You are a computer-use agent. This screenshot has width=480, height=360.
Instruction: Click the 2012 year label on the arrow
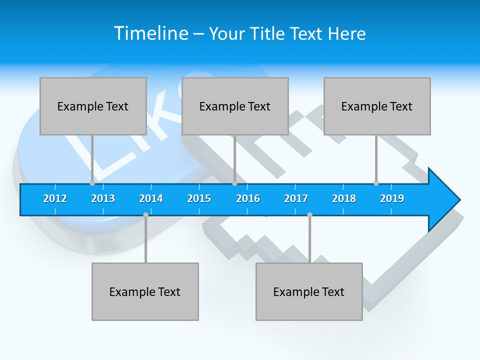coord(55,198)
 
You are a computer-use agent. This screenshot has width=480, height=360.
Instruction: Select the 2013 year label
coord(103,198)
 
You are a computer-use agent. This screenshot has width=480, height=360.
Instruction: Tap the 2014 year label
coord(151,198)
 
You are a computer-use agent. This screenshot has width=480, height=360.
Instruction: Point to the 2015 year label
coord(199,198)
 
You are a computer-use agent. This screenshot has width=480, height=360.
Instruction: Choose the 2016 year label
coord(248,198)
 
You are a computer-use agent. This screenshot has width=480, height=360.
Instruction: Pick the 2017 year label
coord(296,198)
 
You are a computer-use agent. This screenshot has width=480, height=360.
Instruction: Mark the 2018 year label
coord(344,198)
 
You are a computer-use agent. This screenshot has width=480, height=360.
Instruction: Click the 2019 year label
coord(392,198)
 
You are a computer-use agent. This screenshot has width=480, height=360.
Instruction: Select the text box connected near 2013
coord(93,106)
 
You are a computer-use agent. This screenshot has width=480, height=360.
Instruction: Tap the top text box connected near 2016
coord(235,106)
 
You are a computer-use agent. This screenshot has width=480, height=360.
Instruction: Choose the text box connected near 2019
coord(377,106)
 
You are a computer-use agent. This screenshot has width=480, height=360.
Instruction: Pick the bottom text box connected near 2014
coord(145,291)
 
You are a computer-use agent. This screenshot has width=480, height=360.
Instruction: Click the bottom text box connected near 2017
coord(309,291)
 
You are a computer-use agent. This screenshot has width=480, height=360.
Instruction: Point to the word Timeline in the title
coord(150,33)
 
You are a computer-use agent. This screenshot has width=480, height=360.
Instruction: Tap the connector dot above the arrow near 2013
coord(92,183)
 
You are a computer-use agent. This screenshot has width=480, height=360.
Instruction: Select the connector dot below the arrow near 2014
coord(145,214)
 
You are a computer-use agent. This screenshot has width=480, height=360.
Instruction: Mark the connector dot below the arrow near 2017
coord(309,214)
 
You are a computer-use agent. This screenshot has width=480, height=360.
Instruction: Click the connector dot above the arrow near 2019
coord(376,183)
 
